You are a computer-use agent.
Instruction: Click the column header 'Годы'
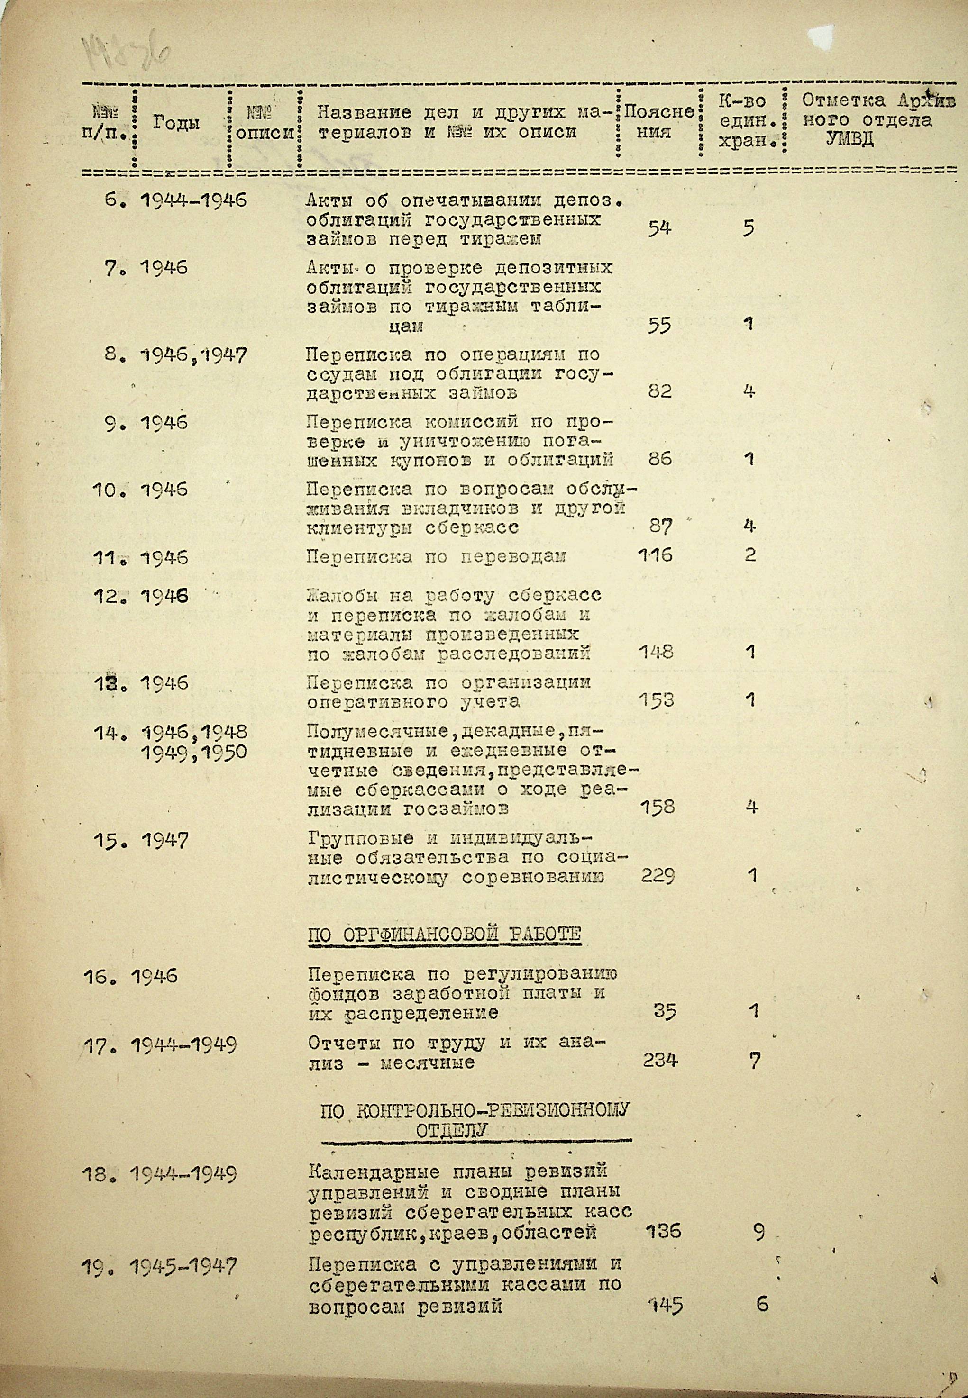coord(176,123)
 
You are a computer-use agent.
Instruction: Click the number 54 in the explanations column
coord(659,228)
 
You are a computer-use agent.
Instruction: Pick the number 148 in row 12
coord(656,652)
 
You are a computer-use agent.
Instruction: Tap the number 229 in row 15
coord(658,875)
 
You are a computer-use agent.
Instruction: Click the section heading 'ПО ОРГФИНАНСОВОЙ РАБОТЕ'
coord(444,951)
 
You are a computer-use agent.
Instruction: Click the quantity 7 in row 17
coord(754,1061)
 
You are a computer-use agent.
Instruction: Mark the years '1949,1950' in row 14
coord(193,753)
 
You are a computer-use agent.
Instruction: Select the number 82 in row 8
coord(659,391)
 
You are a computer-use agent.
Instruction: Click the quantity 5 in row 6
coord(749,228)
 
